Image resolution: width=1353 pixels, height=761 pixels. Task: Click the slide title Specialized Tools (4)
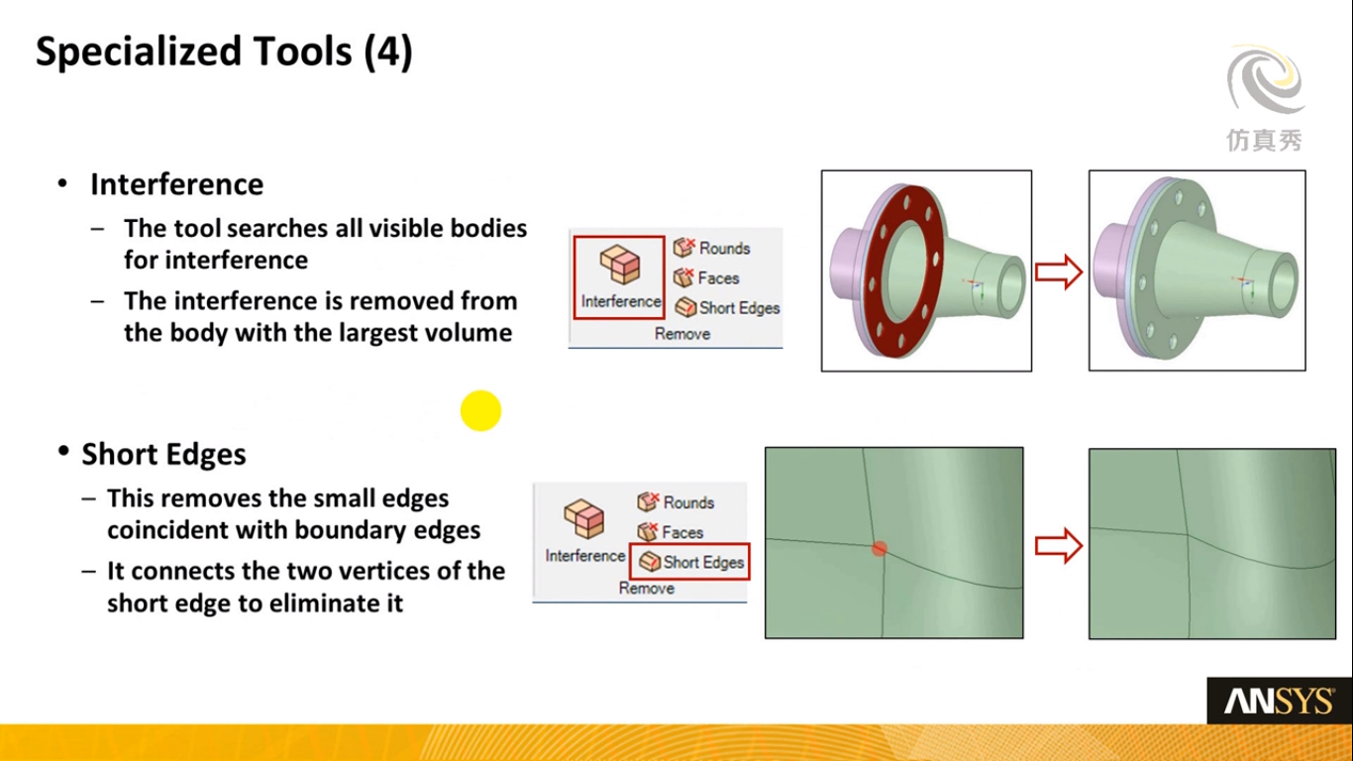224,52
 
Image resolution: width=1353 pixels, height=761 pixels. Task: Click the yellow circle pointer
480,410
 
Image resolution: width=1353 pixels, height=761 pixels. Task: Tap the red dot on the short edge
880,549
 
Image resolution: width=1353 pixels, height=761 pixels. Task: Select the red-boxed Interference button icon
620,265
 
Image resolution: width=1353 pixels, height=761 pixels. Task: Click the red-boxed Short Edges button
689,562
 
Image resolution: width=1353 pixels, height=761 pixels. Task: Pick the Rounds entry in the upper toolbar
711,248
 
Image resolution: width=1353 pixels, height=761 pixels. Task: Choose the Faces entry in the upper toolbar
706,278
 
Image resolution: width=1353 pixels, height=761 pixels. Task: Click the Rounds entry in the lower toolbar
676,502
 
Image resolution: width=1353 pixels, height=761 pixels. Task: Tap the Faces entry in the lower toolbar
670,532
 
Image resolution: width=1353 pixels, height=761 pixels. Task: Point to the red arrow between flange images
1058,272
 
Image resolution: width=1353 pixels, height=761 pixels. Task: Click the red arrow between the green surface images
1058,546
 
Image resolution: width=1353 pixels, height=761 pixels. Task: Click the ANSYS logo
1280,701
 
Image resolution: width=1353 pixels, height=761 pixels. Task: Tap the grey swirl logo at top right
1266,79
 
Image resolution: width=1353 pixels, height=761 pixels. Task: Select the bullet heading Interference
176,184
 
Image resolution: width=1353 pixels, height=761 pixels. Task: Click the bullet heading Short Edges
163,454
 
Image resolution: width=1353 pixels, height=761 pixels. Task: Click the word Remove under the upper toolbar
681,334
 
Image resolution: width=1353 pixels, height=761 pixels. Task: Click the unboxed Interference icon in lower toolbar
583,518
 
